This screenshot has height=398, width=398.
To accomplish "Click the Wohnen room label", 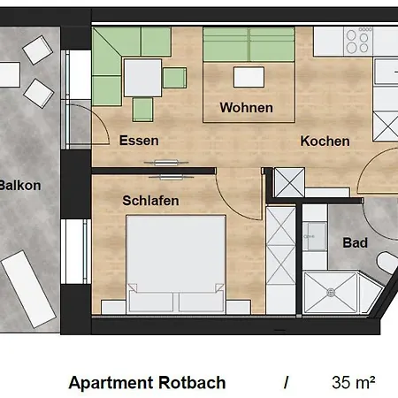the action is [246, 108].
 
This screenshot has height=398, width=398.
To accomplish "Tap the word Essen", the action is [139, 141].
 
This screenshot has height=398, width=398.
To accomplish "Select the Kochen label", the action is [325, 141].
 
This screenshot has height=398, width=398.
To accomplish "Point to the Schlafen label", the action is [150, 201].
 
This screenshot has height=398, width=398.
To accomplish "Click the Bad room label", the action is [355, 242].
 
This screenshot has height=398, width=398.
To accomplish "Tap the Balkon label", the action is [20, 186].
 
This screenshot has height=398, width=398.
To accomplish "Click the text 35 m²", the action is [354, 382].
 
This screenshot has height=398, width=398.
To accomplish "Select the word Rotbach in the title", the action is [192, 383].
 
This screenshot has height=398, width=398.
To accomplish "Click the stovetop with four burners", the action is [358, 41].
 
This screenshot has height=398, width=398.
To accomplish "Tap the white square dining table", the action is [142, 78].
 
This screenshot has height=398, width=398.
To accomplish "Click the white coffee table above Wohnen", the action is [249, 77].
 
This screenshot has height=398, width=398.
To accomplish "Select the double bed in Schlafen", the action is [176, 264].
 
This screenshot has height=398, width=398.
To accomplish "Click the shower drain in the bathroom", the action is [331, 292].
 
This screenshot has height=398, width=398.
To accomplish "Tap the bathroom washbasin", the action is [315, 237].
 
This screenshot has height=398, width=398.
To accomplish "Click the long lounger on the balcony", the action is [28, 289].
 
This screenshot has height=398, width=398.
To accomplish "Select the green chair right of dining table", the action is [174, 78].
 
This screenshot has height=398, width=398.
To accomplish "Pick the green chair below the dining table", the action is [142, 110].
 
